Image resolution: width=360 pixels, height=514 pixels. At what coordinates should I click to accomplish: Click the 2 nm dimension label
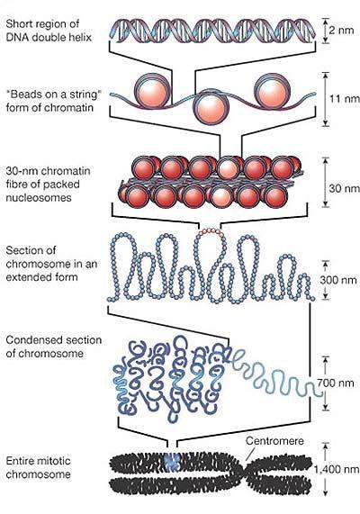(x=341, y=31)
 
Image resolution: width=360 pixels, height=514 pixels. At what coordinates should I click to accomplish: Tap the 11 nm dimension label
(x=345, y=98)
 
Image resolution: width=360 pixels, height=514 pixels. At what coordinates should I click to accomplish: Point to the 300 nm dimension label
(x=338, y=280)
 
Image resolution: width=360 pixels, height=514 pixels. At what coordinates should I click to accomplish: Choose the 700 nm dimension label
(x=336, y=383)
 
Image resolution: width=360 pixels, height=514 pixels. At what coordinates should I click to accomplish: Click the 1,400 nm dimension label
(x=337, y=470)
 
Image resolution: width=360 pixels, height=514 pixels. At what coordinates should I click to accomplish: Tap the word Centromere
(x=274, y=441)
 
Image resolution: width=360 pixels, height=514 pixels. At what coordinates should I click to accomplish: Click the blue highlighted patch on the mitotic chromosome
(x=173, y=462)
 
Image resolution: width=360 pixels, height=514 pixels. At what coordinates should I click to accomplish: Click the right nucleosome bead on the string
(x=273, y=90)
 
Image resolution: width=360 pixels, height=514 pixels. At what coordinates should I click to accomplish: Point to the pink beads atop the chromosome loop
(x=211, y=232)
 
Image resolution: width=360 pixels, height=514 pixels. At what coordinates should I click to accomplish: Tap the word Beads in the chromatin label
(x=23, y=95)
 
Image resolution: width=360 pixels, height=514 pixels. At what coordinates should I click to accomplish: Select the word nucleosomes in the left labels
(x=39, y=198)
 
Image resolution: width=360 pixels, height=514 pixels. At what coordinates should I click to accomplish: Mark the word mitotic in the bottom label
(x=54, y=461)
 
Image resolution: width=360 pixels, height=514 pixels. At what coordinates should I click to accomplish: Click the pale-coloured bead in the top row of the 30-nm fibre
(x=227, y=167)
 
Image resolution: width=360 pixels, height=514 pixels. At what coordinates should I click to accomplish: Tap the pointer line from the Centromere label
(x=249, y=454)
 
